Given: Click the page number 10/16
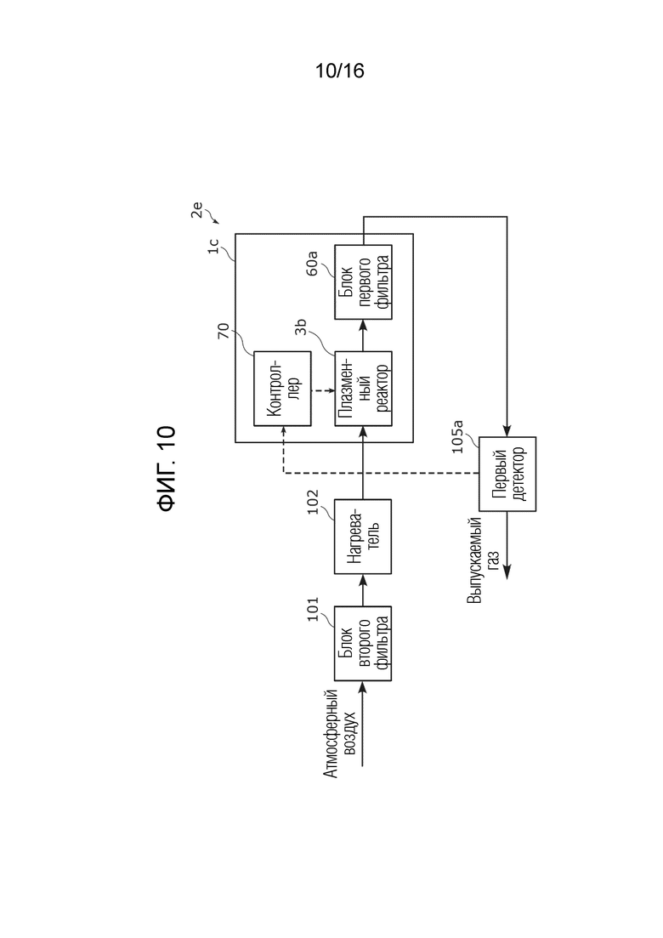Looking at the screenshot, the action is point(339,71).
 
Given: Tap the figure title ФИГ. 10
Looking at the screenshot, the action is point(167,469).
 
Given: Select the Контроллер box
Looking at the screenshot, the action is point(282,389).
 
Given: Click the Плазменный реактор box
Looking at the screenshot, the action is point(363,389).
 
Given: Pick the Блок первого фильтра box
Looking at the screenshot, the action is point(363,281).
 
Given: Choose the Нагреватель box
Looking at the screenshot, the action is point(363,537).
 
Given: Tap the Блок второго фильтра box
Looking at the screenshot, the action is point(363,644).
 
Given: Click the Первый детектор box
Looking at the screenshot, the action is point(507,474).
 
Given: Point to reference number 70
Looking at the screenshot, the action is point(223,331).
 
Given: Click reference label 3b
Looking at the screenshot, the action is point(300,327).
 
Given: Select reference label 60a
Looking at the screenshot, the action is point(312,264).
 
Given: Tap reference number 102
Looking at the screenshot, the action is point(313,503).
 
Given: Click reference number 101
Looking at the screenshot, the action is point(313,609).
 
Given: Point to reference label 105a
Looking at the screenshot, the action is point(457,437).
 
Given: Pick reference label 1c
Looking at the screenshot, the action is point(213,247).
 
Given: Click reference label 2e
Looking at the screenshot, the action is point(196,211).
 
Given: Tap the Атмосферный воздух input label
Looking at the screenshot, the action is point(340,734).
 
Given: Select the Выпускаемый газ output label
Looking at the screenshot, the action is point(483,560).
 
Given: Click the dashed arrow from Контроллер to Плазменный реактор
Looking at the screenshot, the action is point(323,390).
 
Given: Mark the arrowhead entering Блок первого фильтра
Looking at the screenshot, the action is point(363,325).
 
